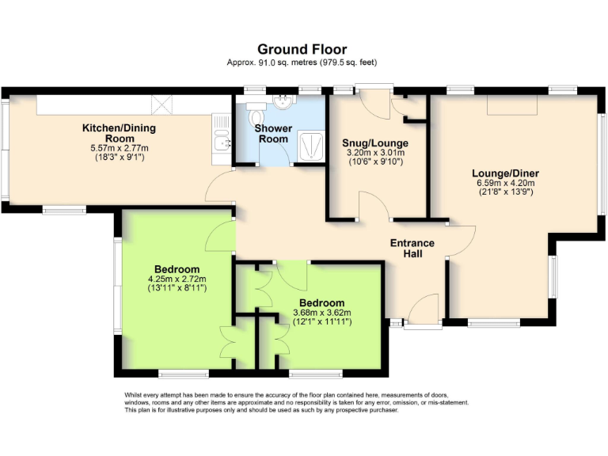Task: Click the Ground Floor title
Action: (302, 49)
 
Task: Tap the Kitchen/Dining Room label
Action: (120, 132)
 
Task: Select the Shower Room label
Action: (274, 133)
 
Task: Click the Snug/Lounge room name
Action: (373, 143)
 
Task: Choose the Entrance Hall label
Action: (412, 248)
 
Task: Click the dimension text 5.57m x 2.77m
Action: (120, 148)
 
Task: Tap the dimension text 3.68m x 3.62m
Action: (321, 313)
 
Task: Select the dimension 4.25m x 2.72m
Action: (177, 279)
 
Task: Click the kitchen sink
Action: (221, 142)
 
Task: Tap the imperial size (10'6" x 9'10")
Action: (373, 162)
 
